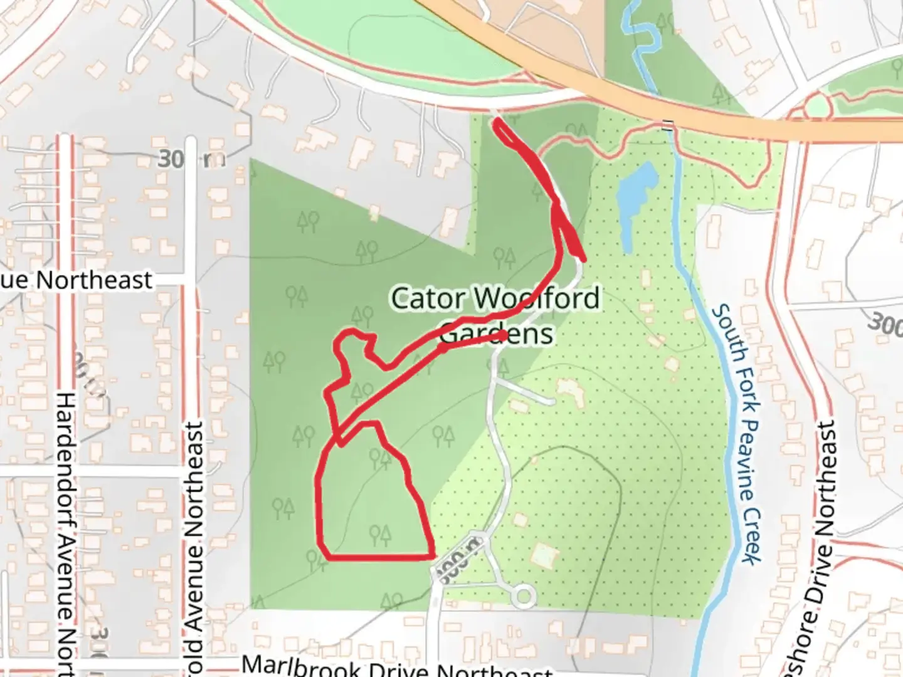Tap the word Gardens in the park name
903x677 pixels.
pos(497,334)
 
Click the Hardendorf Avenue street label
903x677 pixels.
pos(66,533)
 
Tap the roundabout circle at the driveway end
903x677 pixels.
pos(522,596)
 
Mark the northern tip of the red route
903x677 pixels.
pos(497,122)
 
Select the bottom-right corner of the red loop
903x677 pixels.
pos(432,555)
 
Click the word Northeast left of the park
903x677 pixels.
pos(94,280)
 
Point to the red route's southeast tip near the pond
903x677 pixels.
pos(583,258)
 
